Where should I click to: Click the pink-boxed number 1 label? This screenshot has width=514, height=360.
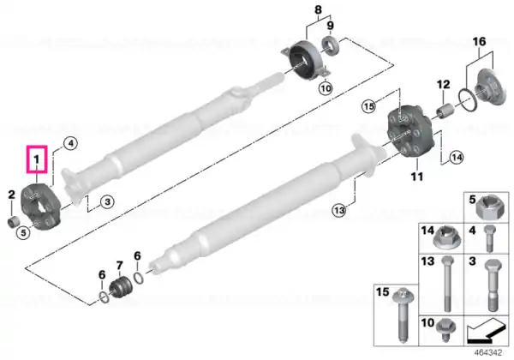point(37,159)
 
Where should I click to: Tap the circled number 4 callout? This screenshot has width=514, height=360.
point(71,144)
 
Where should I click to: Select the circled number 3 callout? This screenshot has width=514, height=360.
point(108,201)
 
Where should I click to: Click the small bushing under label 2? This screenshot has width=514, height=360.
point(13,222)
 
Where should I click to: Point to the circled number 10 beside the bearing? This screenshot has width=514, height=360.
point(326,88)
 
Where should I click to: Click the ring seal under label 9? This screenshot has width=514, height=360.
point(330,45)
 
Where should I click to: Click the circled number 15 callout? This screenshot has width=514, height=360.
point(368,106)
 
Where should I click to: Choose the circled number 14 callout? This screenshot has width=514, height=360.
point(457,158)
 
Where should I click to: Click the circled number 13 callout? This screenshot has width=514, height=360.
point(339,210)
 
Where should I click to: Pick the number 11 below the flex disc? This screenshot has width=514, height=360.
point(417,177)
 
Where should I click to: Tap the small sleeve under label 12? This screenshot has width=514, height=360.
point(444,111)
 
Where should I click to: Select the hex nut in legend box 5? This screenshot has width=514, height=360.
point(488,207)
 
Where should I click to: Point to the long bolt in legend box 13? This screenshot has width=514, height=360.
point(447,285)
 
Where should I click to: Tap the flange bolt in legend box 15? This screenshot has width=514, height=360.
point(403,314)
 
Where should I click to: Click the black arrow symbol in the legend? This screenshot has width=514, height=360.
point(486,331)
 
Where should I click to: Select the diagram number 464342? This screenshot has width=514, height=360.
point(488,353)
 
